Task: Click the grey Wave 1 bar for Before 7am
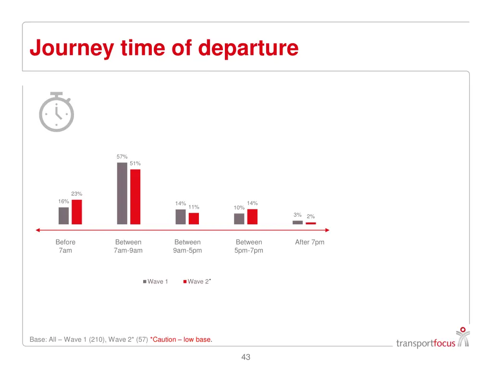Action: [63, 216]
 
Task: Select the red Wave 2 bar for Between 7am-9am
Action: [135, 197]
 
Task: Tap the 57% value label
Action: [122, 157]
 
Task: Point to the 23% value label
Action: [77, 194]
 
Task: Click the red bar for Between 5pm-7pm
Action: [252, 217]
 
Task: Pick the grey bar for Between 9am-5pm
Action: [180, 217]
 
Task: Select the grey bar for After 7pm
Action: [297, 222]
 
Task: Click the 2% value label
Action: [311, 217]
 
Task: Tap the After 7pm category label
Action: [309, 242]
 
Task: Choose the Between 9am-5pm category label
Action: [187, 246]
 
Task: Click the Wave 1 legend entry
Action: [155, 282]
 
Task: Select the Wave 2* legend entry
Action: [197, 282]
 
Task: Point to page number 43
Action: [246, 357]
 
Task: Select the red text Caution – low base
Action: [181, 340]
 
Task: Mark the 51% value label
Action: [135, 164]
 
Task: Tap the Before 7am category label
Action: [65, 246]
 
